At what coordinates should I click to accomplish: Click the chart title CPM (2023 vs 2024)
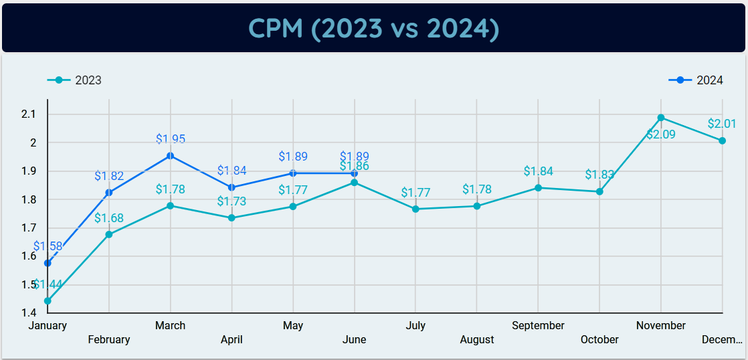tap(373, 28)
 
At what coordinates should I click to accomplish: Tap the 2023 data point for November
tap(661, 118)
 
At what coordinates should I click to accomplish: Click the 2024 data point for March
tap(171, 156)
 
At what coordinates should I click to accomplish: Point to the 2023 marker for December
tap(723, 141)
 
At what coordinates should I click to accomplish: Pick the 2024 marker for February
tap(109, 193)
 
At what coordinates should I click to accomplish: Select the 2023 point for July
tap(415, 209)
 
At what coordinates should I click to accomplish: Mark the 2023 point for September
tap(539, 188)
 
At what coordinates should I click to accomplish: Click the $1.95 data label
tap(171, 139)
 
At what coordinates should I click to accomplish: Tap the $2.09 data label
tap(661, 134)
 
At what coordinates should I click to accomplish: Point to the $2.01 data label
tap(722, 124)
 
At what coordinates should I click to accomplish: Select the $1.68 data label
tap(109, 218)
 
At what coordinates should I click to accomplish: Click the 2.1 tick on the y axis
tap(28, 114)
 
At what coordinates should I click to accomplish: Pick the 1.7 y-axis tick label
tap(28, 228)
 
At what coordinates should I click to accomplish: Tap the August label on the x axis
tap(477, 339)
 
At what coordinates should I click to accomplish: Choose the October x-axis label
tap(599, 339)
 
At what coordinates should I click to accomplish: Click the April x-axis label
tap(231, 339)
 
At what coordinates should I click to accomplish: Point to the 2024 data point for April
tap(232, 187)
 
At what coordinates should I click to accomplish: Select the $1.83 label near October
tap(599, 175)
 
